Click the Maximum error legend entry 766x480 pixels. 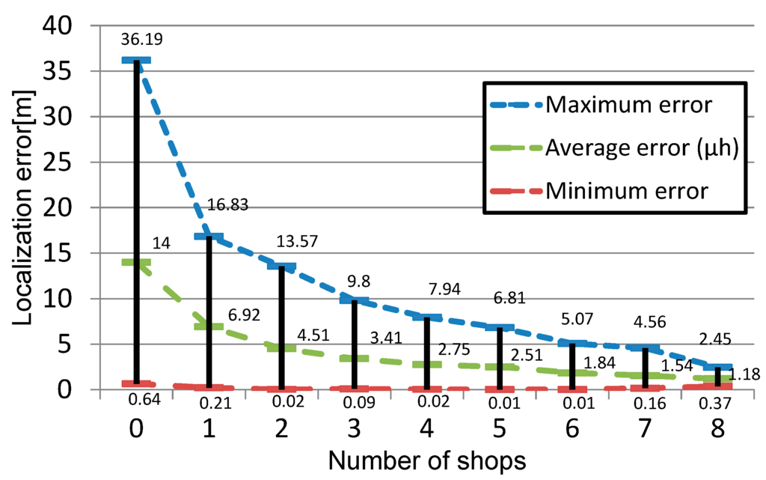[628, 104]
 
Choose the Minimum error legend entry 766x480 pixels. [626, 191]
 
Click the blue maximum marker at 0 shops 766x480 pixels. [137, 61]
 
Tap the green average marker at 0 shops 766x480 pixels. [137, 263]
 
